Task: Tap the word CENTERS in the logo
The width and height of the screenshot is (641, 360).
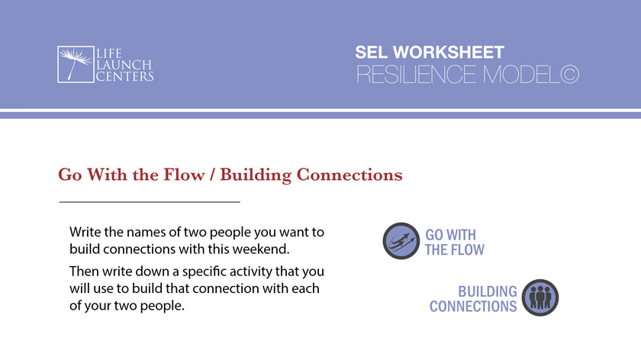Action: [124, 76]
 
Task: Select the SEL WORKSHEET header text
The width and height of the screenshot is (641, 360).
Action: [429, 53]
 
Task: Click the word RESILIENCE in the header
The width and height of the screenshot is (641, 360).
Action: [421, 75]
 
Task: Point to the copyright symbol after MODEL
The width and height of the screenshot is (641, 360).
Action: [569, 75]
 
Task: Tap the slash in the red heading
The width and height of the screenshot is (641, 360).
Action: [217, 175]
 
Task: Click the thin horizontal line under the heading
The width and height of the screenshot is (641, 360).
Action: [150, 202]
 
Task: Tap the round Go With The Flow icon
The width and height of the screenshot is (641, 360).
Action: [401, 241]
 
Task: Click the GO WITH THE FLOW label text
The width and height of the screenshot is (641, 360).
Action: [455, 242]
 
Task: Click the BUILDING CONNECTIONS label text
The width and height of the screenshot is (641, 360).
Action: [474, 299]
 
